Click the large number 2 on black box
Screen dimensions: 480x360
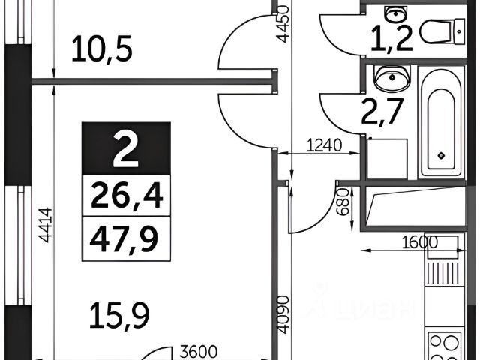point(125,150)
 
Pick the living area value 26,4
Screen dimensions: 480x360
point(126,198)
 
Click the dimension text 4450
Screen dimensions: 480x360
point(282,24)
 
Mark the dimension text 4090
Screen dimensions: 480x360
point(280,319)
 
